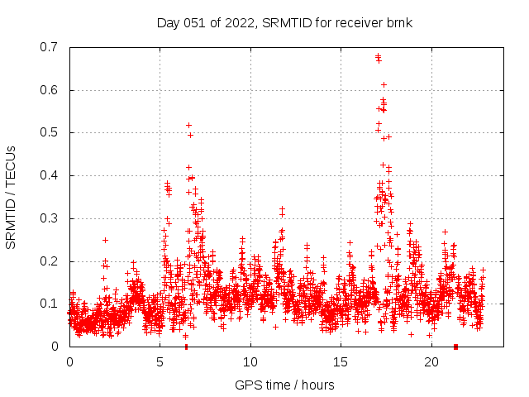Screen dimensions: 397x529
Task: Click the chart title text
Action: (284, 22)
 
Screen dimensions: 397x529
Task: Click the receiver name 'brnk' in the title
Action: (398, 22)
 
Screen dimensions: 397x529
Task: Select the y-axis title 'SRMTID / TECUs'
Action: (11, 197)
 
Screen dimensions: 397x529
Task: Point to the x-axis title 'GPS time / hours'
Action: (284, 385)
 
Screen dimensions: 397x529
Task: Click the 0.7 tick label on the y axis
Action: (50, 47)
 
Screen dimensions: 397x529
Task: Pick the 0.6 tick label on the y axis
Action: (50, 90)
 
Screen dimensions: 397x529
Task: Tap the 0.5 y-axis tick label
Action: (50, 132)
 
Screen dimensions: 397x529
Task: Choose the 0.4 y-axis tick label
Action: (50, 175)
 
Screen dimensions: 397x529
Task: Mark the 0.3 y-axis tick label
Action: (50, 218)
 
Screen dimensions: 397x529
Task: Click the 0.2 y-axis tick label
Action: (50, 261)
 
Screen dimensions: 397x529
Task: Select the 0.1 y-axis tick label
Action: (50, 304)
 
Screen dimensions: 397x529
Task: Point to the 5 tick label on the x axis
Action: (160, 362)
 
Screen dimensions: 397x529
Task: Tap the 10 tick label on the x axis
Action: (250, 362)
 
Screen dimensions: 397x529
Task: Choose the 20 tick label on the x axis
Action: (431, 362)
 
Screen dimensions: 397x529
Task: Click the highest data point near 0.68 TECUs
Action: (378, 56)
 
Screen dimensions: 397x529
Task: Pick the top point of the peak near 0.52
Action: (188, 125)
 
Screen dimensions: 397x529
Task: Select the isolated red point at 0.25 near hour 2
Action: (105, 240)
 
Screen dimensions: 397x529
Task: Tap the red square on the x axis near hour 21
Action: (455, 347)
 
